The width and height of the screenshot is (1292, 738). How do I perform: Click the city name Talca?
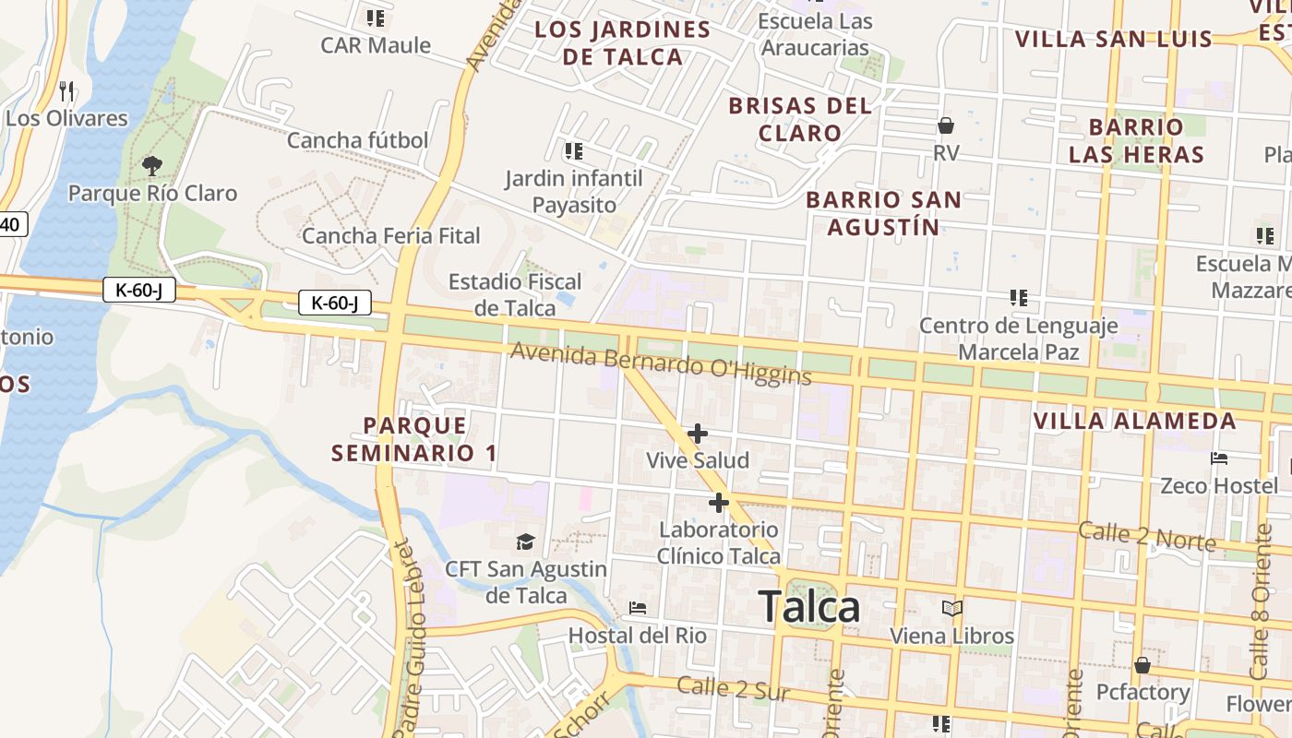click(x=809, y=606)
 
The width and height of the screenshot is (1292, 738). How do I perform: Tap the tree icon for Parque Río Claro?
click(x=152, y=166)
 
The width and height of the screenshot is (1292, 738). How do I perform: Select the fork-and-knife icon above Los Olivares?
click(x=66, y=90)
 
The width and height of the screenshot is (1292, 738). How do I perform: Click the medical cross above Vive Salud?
click(x=698, y=433)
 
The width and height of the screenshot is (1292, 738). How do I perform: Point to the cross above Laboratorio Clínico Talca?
click(x=718, y=503)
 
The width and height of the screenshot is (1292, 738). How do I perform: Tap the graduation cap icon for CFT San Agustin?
click(x=525, y=542)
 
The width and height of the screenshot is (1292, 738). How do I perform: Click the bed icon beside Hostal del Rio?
click(x=637, y=609)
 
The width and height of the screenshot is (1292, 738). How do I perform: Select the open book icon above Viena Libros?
click(x=951, y=609)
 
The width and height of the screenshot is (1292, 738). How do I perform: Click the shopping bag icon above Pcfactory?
click(x=1142, y=664)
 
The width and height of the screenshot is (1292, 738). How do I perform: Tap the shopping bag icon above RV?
click(x=946, y=125)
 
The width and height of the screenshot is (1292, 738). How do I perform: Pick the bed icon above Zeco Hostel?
click(x=1219, y=458)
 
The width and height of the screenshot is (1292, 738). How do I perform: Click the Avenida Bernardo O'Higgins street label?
click(x=660, y=364)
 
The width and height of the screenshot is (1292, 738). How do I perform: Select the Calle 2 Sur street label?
click(x=733, y=688)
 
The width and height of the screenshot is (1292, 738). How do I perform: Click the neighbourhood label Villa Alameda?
click(x=1134, y=422)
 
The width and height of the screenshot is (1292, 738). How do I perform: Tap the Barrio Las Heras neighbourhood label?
click(x=1137, y=140)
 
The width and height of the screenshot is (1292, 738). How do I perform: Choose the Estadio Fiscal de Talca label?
click(x=515, y=294)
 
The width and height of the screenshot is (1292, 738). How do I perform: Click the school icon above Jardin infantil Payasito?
click(x=573, y=150)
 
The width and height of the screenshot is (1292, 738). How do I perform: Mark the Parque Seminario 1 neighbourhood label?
click(x=414, y=439)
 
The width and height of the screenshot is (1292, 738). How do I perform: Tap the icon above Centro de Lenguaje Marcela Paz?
click(x=1019, y=298)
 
